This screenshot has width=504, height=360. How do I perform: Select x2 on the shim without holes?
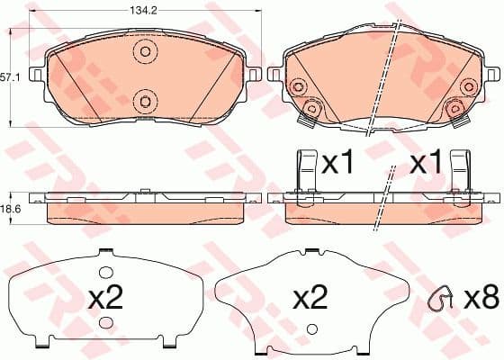pos(310,298)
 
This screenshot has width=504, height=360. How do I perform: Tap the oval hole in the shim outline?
pos(106,272)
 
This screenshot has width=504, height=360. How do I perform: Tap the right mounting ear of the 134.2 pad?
pos(256,74)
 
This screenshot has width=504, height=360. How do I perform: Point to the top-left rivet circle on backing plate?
pos(298,85)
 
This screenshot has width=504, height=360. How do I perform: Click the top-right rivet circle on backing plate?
pos(467,85)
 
